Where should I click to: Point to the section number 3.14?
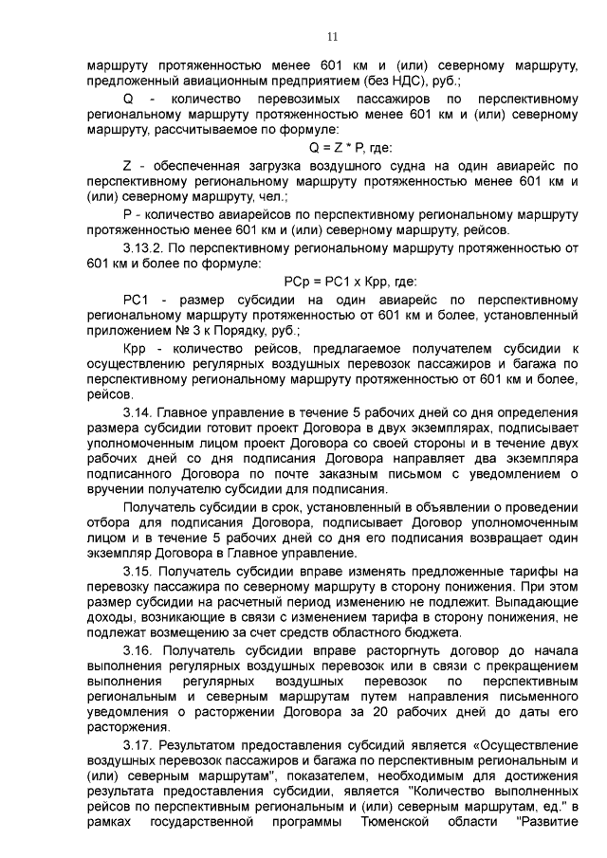pos(138,413)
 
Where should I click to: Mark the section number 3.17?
pos(138,745)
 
